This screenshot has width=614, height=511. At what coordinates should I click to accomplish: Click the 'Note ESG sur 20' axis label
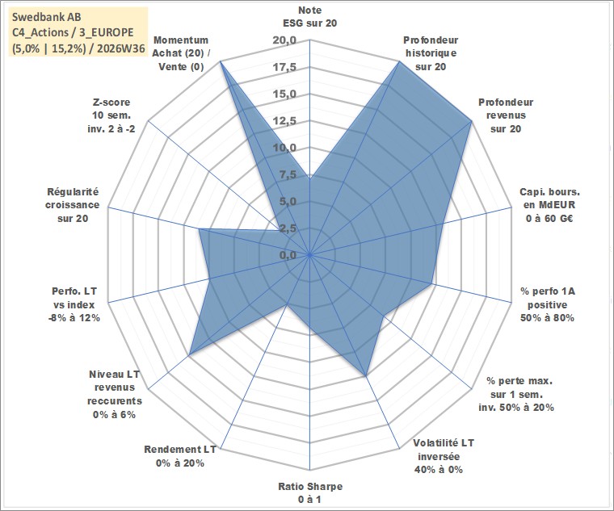(x=309, y=16)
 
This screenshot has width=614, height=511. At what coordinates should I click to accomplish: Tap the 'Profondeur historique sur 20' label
(x=431, y=53)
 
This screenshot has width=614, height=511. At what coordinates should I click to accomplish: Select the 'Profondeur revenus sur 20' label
(x=506, y=115)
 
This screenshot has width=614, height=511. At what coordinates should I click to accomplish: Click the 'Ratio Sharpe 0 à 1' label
(x=309, y=492)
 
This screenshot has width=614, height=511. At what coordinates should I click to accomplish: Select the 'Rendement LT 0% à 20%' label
(x=180, y=456)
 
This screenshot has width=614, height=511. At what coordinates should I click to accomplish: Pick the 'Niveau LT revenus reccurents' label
(x=115, y=395)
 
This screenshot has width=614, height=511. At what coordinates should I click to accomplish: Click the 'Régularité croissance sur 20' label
(x=73, y=205)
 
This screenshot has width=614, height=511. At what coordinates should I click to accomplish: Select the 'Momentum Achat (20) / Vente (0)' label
(x=181, y=53)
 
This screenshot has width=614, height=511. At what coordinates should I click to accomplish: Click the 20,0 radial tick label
(x=284, y=40)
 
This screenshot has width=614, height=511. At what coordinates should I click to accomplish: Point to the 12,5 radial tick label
(x=284, y=121)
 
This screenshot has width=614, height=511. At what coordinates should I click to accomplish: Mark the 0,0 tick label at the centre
(x=288, y=255)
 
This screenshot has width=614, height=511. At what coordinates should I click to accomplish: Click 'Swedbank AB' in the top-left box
(x=47, y=17)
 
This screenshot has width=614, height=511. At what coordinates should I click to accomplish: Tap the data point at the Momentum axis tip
(x=221, y=61)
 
